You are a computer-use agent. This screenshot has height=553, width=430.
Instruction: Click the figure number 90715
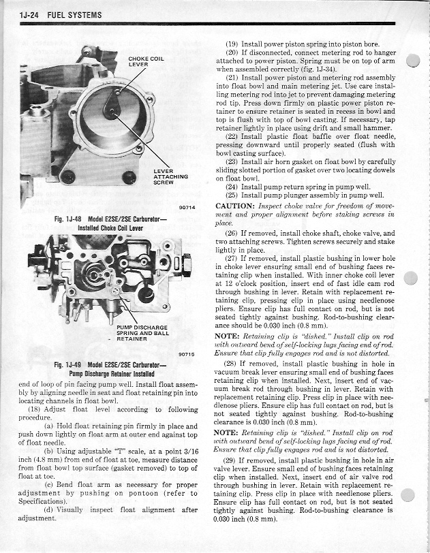(186, 353)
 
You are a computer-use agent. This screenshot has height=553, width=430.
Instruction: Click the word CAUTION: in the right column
(236, 206)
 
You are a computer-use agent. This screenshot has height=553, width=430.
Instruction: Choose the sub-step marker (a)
(48, 426)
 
